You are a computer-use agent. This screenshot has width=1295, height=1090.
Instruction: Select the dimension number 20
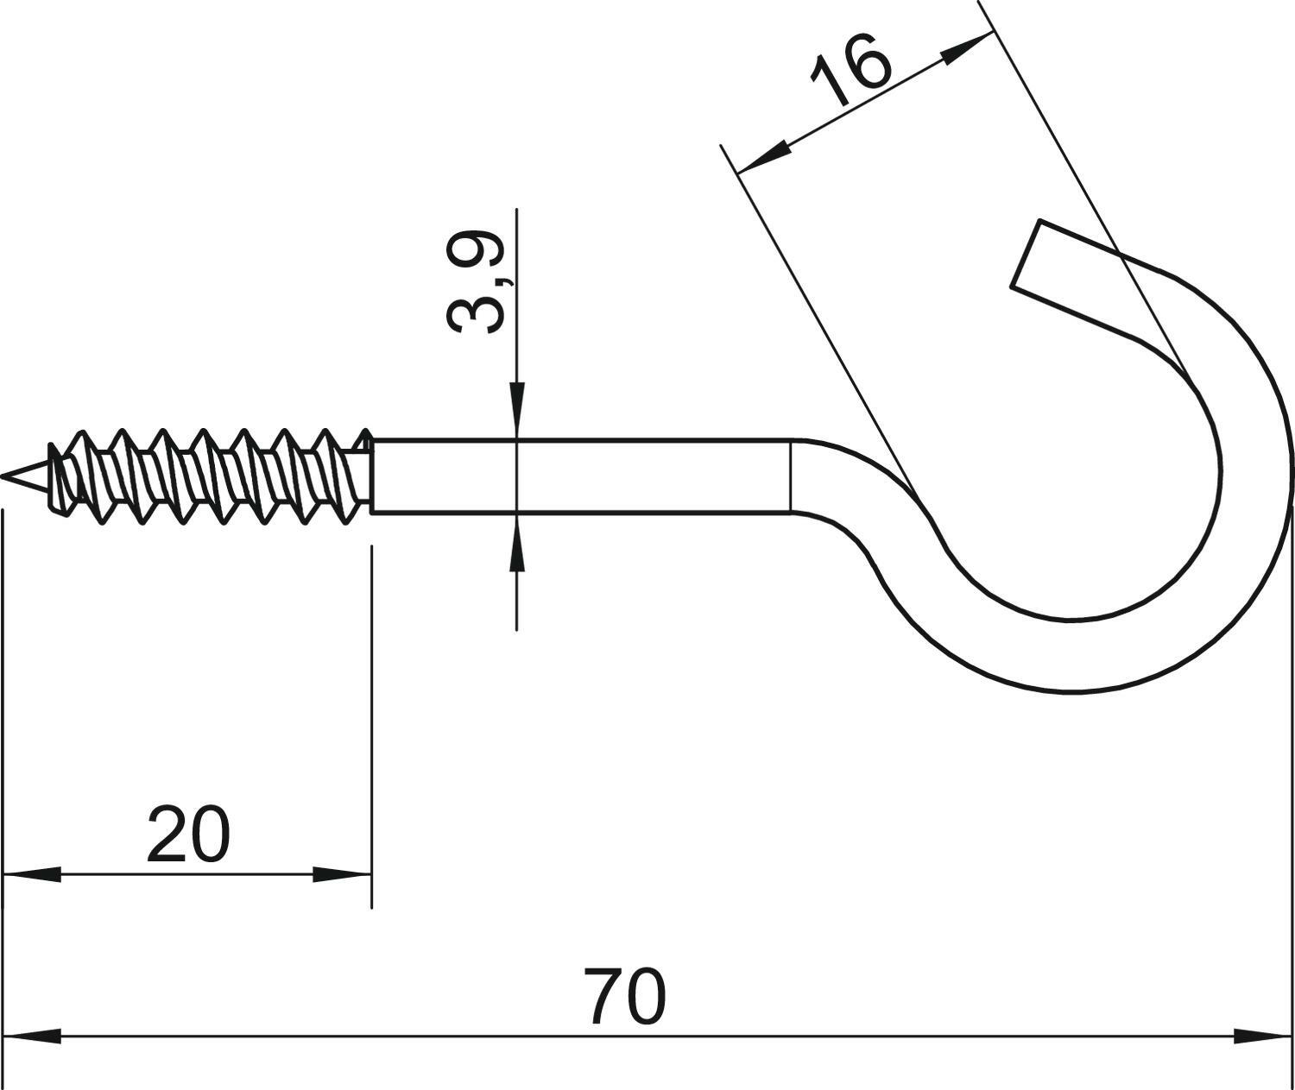coord(189,834)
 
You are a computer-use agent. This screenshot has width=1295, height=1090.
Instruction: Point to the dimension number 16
coord(850,69)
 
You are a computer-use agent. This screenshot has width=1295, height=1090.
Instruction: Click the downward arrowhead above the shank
coord(516,410)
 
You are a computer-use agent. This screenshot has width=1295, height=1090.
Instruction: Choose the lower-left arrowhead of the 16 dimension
coord(763,156)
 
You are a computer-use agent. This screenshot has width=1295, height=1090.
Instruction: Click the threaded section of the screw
coord(207,476)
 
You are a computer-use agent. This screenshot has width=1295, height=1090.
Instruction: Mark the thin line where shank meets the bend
coord(791,476)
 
